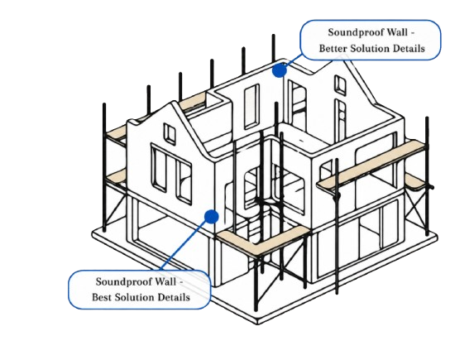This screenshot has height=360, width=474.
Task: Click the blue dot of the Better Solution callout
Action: (280, 70)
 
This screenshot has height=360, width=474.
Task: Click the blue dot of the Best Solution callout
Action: (211, 217)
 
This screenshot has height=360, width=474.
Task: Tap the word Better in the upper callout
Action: (331, 48)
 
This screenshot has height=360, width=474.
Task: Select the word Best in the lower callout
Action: (102, 297)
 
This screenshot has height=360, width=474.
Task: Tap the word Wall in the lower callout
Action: (165, 281)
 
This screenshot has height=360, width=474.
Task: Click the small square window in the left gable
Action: (170, 133)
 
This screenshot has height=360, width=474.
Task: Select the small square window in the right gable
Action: (341, 84)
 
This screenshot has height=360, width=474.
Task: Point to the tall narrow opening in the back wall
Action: (251, 107)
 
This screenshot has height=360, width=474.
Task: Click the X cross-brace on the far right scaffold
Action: (416, 207)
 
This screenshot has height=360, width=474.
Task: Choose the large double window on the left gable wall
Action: (170, 174)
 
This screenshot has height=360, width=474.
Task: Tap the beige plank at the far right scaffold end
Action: (417, 182)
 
